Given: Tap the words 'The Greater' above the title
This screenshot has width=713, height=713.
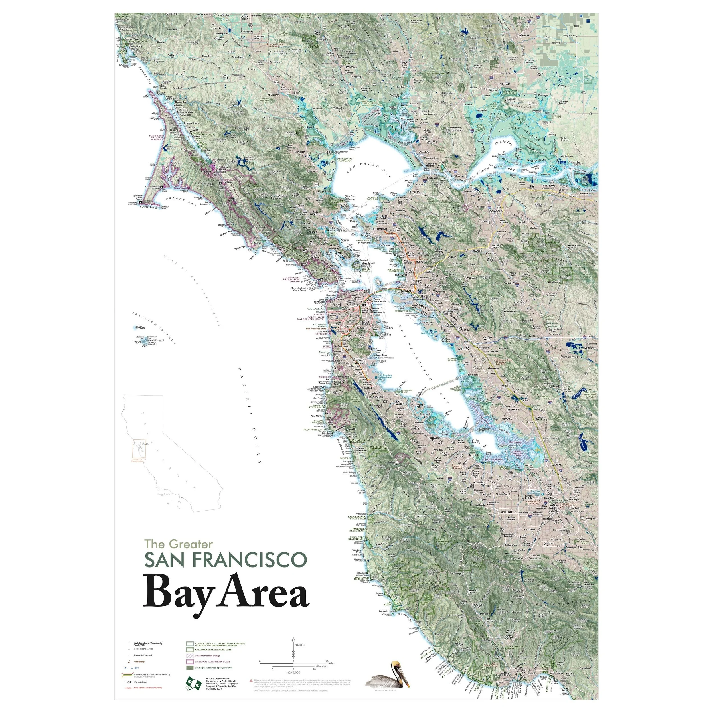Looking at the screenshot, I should tap(179, 544).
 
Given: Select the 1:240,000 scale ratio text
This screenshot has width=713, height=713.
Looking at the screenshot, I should tap(294, 673).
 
